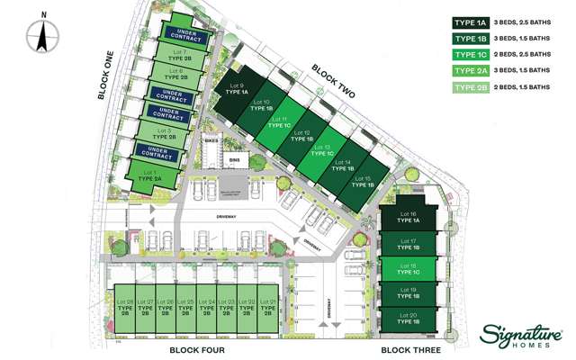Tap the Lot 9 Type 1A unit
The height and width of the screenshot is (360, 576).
pos(236,89)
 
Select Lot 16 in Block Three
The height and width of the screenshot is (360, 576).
pos(409,218)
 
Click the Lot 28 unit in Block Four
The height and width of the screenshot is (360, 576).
pos(125,307)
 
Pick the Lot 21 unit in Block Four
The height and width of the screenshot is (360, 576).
pos(268,307)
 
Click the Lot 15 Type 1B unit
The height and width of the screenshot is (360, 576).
pos(363,183)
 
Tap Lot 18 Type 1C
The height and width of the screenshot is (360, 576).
pos(409,267)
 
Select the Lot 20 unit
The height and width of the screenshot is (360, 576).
pos(409,317)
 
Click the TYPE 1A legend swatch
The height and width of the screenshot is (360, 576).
pos(471,23)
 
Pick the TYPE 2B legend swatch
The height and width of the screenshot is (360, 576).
pos(471,86)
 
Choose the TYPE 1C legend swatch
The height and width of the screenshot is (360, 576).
pos(471,55)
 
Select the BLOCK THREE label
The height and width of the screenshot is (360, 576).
pos(409,349)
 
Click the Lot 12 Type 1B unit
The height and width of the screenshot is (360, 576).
pos(303,137)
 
